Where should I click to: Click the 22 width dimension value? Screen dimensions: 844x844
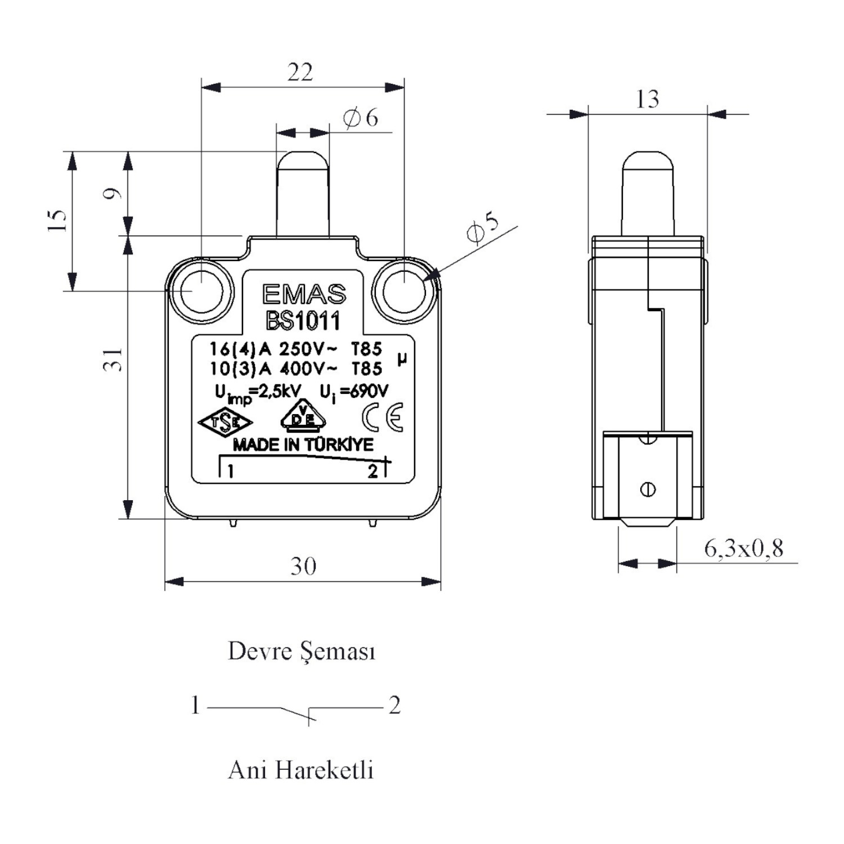(x=300, y=72)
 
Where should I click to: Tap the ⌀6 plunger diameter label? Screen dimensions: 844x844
(x=361, y=118)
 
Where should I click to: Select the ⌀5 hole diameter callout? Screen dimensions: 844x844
(x=483, y=228)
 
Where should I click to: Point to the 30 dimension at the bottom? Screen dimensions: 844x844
(x=303, y=565)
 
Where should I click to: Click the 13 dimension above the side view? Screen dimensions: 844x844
(x=647, y=99)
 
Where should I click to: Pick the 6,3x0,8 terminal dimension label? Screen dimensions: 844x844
(x=743, y=548)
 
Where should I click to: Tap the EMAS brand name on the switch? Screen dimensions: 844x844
(x=304, y=294)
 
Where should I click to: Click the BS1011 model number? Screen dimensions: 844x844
(x=303, y=321)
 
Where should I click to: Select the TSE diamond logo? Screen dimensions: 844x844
(x=225, y=423)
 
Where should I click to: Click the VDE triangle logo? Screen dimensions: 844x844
(x=303, y=417)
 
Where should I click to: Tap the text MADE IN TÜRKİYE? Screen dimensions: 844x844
(x=303, y=445)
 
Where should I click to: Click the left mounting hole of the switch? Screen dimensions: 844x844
(x=201, y=291)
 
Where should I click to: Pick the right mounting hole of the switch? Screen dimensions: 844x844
(x=405, y=291)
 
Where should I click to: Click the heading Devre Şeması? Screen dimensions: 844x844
(x=302, y=652)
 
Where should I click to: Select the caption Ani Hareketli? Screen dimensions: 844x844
(x=301, y=770)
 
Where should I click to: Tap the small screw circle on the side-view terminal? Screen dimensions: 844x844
(x=648, y=490)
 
